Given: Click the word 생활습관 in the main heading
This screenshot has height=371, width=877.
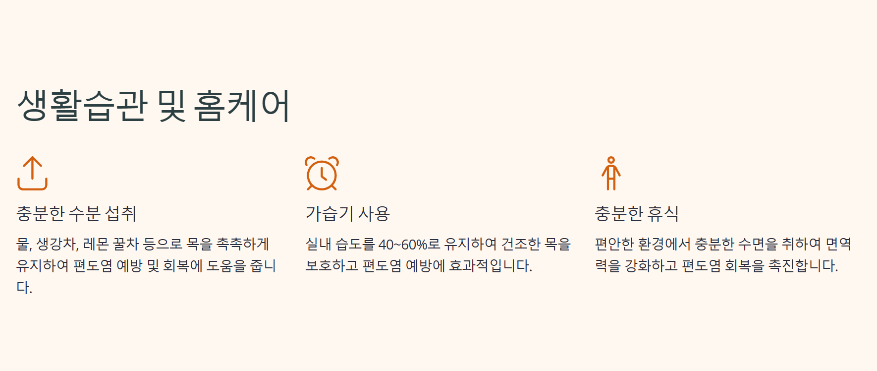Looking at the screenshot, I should pos(82,106).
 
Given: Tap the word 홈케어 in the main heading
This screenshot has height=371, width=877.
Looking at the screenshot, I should pos(241,106).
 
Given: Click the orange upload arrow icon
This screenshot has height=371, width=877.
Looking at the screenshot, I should pos(32,173).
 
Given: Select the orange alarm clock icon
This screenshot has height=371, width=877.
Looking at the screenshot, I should pos(322,174).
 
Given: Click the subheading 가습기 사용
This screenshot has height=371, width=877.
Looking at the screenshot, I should pos(348,214).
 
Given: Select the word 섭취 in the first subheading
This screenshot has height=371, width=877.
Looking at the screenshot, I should pos(121,214).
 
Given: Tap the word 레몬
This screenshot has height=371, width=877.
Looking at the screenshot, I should pos(96,244).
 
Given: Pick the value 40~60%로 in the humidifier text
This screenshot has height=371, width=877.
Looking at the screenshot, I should pos(409,245).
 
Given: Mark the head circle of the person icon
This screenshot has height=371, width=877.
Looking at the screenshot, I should pos(611,160).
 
